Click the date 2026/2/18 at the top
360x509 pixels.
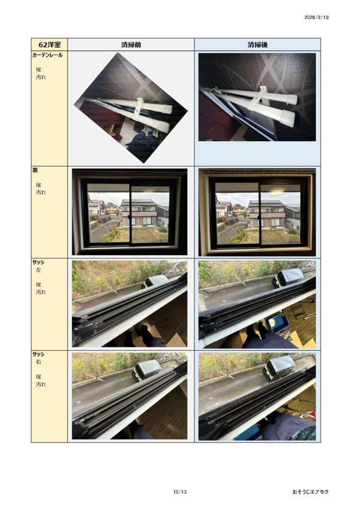tap(317, 17)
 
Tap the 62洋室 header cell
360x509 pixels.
tap(49, 44)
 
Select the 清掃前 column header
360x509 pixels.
tap(131, 44)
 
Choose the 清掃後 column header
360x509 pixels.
tap(258, 44)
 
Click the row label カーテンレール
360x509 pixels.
tap(47, 55)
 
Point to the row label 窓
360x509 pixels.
tap(35, 170)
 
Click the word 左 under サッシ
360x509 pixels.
tap(39, 270)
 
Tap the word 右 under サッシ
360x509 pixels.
tap(39, 362)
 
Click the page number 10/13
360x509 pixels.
tap(180, 492)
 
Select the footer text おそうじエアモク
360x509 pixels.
tap(310, 492)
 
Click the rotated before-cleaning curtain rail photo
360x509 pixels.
tap(131, 108)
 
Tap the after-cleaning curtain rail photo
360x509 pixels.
tap(257, 97)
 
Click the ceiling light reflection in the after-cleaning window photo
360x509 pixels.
tap(276, 192)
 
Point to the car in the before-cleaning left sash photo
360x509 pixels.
tap(155, 281)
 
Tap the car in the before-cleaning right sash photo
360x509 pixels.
tap(147, 370)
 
